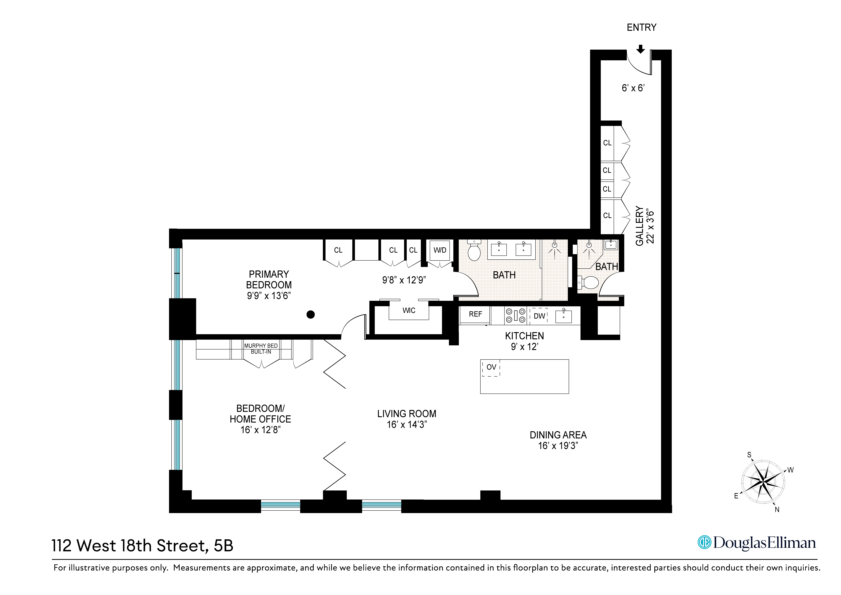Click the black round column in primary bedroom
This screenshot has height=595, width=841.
[311, 315]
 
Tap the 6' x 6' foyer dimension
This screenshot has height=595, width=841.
[633, 88]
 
